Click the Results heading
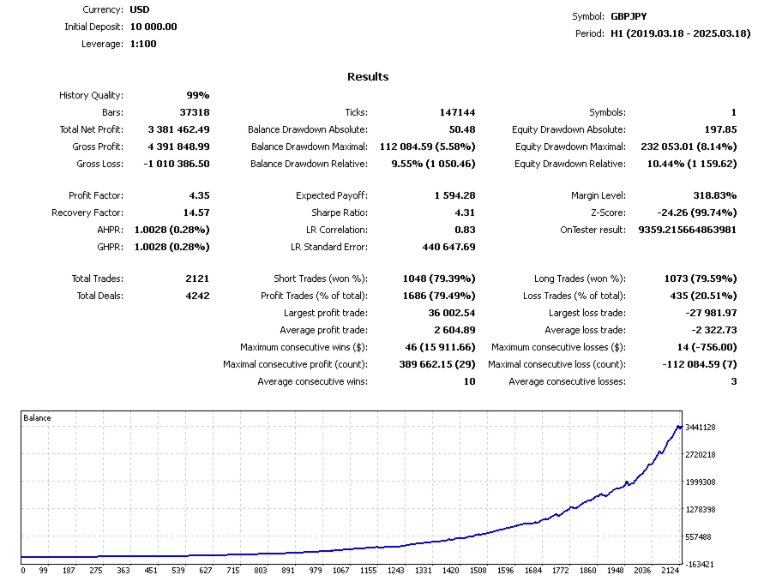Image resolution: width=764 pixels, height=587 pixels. pos(368,76)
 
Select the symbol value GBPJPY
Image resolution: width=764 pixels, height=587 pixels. pos(629,16)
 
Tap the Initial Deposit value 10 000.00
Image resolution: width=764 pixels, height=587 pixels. pos(153,27)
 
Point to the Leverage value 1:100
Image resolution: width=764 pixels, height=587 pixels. pos(143,44)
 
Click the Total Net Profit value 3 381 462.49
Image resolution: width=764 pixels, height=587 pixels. pos(179,129)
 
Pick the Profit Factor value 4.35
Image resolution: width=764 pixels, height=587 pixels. pos(199,195)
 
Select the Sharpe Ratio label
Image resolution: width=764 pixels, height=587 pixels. pos(340,213)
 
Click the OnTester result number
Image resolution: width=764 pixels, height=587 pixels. pos(688,230)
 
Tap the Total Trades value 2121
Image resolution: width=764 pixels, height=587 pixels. pos(197,279)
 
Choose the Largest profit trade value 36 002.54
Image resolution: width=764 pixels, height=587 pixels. pos(452,313)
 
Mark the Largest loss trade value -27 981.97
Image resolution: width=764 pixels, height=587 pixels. pos(711,313)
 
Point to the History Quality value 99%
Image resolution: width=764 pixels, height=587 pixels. pos(198,95)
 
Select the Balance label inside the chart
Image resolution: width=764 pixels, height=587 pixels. pos(37,418)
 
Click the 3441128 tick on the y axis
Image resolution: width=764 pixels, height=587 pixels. pos(701,428)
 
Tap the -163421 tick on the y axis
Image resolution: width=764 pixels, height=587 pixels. pos(701,565)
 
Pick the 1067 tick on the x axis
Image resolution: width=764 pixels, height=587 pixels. pos(340,571)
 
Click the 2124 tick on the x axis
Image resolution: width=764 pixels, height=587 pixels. pos(670,571)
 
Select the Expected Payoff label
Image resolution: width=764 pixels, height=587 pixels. pos(332,195)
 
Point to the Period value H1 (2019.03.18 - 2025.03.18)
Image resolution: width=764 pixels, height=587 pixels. pos(681,33)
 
